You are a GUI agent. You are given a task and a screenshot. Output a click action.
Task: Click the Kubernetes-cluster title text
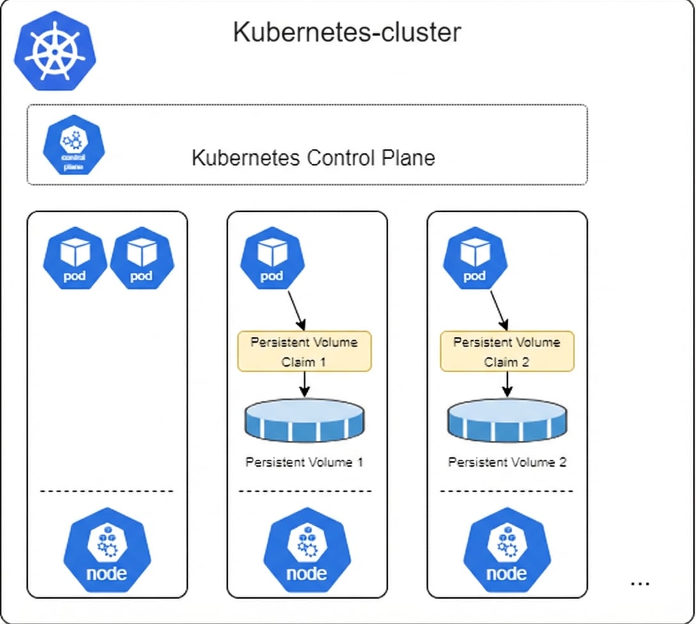(x=346, y=32)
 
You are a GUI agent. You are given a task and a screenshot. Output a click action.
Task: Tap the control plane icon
(x=74, y=145)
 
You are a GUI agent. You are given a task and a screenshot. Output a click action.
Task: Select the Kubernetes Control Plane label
(x=313, y=157)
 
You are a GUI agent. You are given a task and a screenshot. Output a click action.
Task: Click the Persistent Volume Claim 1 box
(x=304, y=352)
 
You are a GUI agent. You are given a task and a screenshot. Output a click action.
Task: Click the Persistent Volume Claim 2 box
(x=507, y=352)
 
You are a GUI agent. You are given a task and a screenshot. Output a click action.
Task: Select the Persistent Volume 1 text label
(x=304, y=462)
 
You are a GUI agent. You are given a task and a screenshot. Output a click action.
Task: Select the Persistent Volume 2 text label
(x=507, y=462)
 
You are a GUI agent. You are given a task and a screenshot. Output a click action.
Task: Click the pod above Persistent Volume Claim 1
(x=272, y=259)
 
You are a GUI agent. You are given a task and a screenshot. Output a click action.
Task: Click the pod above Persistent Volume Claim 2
(x=475, y=259)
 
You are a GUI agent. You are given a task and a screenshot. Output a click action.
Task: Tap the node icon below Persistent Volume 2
(x=507, y=552)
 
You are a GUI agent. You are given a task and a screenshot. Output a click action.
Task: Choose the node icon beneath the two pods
(x=106, y=552)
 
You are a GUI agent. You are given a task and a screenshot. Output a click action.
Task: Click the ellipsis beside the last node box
(x=640, y=583)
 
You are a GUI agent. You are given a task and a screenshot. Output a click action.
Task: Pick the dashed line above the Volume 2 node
(x=507, y=491)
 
